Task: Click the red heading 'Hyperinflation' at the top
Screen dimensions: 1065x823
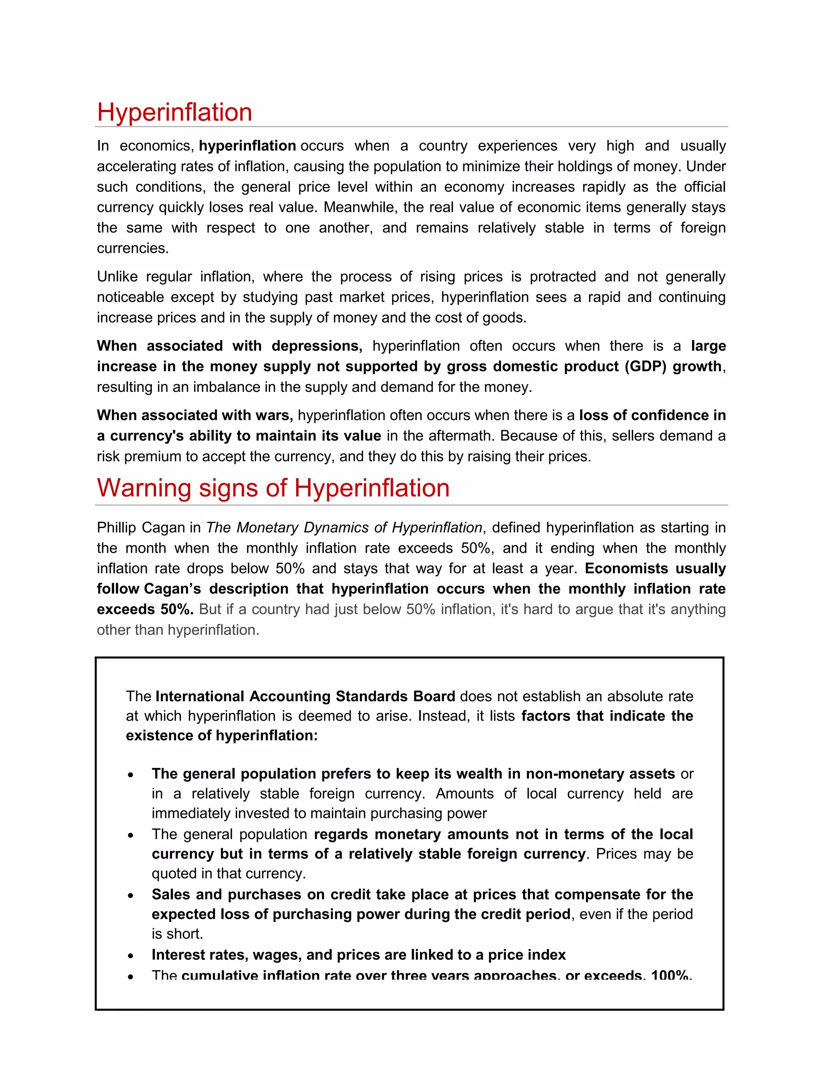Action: (174, 112)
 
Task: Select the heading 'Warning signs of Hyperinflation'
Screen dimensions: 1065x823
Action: (273, 488)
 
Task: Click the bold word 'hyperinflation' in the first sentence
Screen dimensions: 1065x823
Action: (247, 146)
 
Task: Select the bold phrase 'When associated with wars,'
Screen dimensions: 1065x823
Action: (194, 415)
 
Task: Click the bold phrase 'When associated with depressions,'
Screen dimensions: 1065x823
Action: (229, 346)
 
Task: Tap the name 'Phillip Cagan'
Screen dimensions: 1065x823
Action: (141, 528)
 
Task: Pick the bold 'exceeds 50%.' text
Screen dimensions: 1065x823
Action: (145, 610)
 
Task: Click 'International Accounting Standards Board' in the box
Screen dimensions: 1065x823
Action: (305, 696)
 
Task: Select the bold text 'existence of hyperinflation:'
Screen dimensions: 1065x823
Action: (222, 735)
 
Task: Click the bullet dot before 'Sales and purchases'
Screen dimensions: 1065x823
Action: (131, 896)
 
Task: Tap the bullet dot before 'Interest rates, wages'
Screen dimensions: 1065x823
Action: (131, 956)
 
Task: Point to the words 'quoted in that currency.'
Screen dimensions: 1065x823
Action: (229, 873)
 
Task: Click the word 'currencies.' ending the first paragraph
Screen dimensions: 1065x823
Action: (133, 248)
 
